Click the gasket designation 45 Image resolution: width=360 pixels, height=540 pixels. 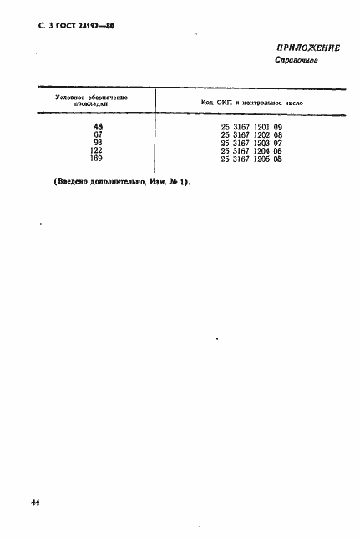click(98, 126)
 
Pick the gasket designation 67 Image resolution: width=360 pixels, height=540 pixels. click(98, 134)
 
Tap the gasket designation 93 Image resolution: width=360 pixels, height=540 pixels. click(98, 142)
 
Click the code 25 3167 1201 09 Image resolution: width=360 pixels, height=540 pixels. click(252, 126)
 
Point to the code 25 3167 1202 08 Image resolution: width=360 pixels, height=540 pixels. click(252, 134)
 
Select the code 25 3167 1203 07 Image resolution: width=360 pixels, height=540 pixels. click(252, 142)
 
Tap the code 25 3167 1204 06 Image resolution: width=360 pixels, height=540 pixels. click(252, 149)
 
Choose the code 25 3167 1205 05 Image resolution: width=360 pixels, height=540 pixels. click(252, 158)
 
